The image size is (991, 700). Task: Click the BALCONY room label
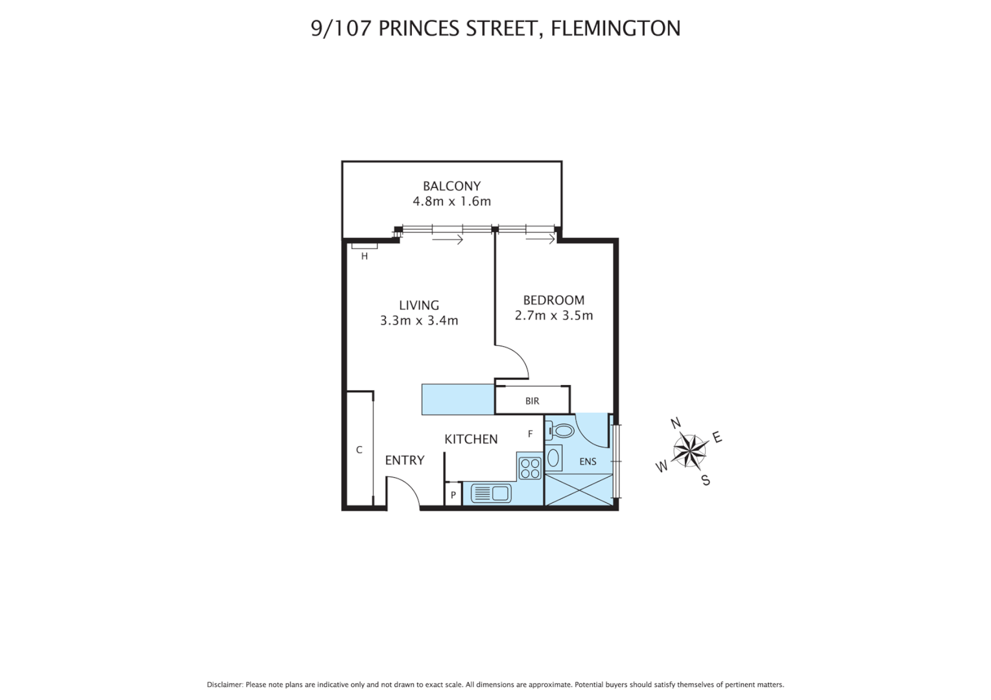pos(451,186)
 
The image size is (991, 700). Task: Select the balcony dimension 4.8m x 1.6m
pos(451,202)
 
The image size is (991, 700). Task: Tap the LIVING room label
pos(418,305)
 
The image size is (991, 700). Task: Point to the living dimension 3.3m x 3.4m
pos(419,321)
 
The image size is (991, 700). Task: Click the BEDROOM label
pos(553,300)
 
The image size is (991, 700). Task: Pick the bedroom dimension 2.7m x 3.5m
pos(553,316)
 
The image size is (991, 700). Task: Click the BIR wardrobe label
pos(532,401)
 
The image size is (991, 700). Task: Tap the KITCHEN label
pos(471,439)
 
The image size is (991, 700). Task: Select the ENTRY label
pos(404,460)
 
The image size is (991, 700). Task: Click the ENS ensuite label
pos(588,462)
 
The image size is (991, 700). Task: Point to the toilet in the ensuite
pos(560,430)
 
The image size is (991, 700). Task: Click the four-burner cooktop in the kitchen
pos(530,468)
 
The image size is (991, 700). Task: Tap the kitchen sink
pos(491,494)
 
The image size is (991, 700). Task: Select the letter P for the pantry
pos(453,495)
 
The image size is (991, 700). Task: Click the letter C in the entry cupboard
pos(359,450)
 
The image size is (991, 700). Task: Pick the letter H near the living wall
pos(364,257)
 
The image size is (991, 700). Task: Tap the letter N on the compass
pos(675,424)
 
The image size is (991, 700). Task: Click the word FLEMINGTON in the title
pos(615,29)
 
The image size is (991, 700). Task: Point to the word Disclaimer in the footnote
pos(224,684)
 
